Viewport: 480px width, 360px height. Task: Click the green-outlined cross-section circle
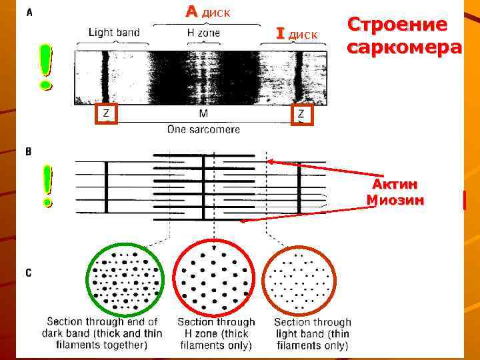click(124, 280)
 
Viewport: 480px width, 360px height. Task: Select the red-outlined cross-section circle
click(214, 280)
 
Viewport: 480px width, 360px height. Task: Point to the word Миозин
click(396, 199)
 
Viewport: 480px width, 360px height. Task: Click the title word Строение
click(398, 25)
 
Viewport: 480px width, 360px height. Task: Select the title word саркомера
click(404, 48)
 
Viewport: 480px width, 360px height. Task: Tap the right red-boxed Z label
click(301, 114)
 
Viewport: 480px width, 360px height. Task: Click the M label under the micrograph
click(204, 114)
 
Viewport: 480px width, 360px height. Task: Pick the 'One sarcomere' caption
click(203, 129)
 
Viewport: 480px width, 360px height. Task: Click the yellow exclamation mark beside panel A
click(45, 67)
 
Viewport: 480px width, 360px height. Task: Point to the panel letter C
click(28, 272)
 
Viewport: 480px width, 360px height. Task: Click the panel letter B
click(28, 152)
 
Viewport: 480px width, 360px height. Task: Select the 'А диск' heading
click(209, 12)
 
